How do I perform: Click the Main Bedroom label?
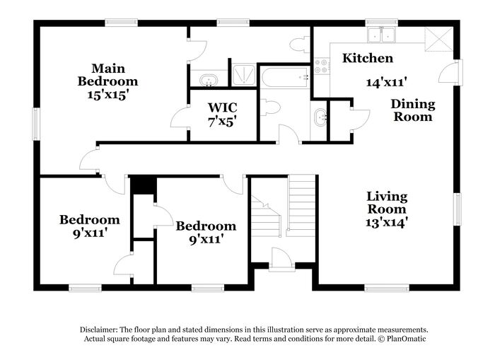click(107, 75)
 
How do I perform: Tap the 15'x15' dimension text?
click(107, 95)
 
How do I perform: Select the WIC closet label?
click(222, 108)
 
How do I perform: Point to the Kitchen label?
click(368, 58)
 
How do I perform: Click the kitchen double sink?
click(381, 35)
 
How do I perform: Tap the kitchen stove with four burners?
click(321, 66)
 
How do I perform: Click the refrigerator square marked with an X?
click(439, 39)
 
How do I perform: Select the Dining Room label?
click(413, 110)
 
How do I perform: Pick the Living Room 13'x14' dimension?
click(385, 223)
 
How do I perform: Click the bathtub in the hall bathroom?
click(285, 77)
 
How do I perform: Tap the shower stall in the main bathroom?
click(244, 75)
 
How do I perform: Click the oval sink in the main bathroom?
click(209, 80)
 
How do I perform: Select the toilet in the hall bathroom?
click(270, 108)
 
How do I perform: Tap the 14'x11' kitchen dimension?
click(386, 83)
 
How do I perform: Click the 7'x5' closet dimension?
click(223, 121)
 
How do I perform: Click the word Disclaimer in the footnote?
click(99, 330)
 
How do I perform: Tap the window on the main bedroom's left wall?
click(36, 124)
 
